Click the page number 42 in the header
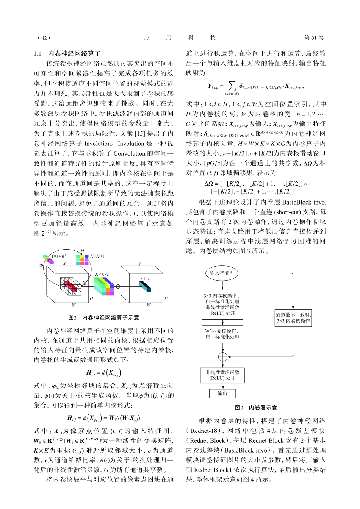[44, 38]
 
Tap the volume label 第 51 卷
[314, 38]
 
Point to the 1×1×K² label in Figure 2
[59, 256]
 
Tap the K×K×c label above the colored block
[102, 274]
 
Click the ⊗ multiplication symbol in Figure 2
[85, 283]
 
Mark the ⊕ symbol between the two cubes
[118, 286]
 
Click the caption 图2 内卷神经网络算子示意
[103, 317]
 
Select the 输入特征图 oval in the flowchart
[222, 273]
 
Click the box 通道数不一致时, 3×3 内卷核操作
[293, 318]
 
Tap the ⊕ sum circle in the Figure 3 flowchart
[222, 357]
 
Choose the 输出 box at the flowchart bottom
[222, 393]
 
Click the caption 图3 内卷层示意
[256, 408]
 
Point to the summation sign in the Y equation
[232, 86]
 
